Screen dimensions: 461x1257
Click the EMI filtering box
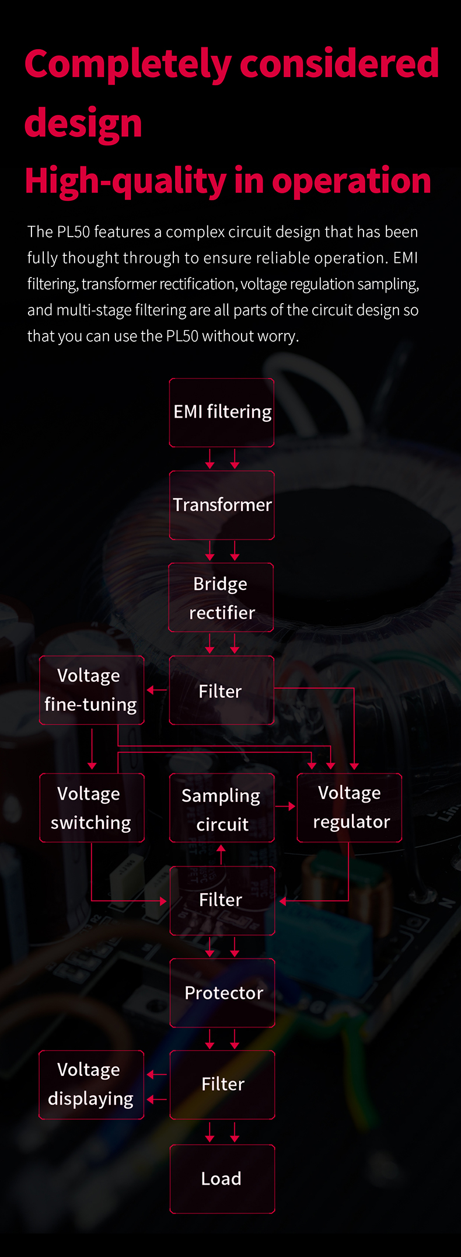[x=222, y=412]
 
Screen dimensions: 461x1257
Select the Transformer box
[x=222, y=505]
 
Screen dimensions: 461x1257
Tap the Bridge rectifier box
[x=221, y=598]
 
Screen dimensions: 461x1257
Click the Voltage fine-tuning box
[x=92, y=690]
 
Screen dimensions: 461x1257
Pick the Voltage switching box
[x=92, y=808]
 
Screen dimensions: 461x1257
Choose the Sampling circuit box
[x=222, y=808]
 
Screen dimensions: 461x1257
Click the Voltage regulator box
[x=350, y=808]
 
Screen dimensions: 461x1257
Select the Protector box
[x=222, y=993]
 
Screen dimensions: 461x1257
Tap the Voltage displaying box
[x=92, y=1085]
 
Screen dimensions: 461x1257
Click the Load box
[x=222, y=1179]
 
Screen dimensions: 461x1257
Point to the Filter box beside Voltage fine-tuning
[x=222, y=690]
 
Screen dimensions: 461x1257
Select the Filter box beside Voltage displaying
[x=222, y=1085]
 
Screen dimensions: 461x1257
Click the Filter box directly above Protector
[x=222, y=901]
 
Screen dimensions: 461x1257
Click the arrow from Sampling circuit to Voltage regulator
[x=285, y=807]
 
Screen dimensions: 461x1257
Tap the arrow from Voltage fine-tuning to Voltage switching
[x=92, y=748]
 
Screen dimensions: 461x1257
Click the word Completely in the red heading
[x=128, y=65]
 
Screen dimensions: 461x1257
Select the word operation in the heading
[x=351, y=182]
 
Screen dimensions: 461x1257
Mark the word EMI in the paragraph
[x=406, y=258]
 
